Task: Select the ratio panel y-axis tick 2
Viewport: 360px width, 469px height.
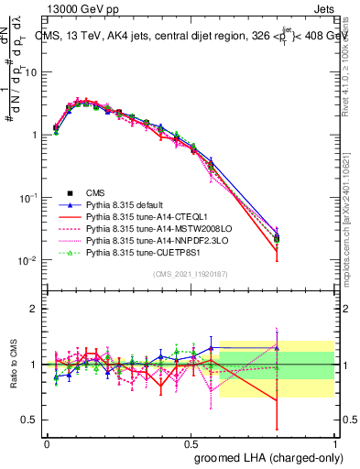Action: (x=34, y=308)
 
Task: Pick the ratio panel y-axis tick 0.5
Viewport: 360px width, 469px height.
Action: (x=31, y=420)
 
